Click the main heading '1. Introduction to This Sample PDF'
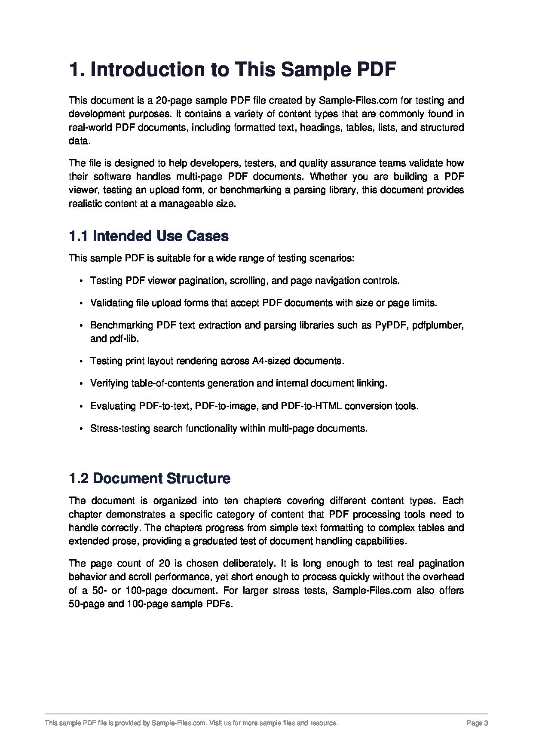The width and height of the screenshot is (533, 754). tap(232, 70)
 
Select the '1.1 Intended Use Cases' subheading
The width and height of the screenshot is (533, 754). tap(149, 236)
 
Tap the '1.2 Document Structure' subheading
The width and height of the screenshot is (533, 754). tap(150, 478)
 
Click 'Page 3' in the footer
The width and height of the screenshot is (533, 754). tap(477, 723)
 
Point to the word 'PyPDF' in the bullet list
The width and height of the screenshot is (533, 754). tap(391, 325)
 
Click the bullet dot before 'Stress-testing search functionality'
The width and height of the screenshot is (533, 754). tap(81, 429)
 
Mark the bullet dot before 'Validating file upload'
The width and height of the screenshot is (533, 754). tap(81, 303)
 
